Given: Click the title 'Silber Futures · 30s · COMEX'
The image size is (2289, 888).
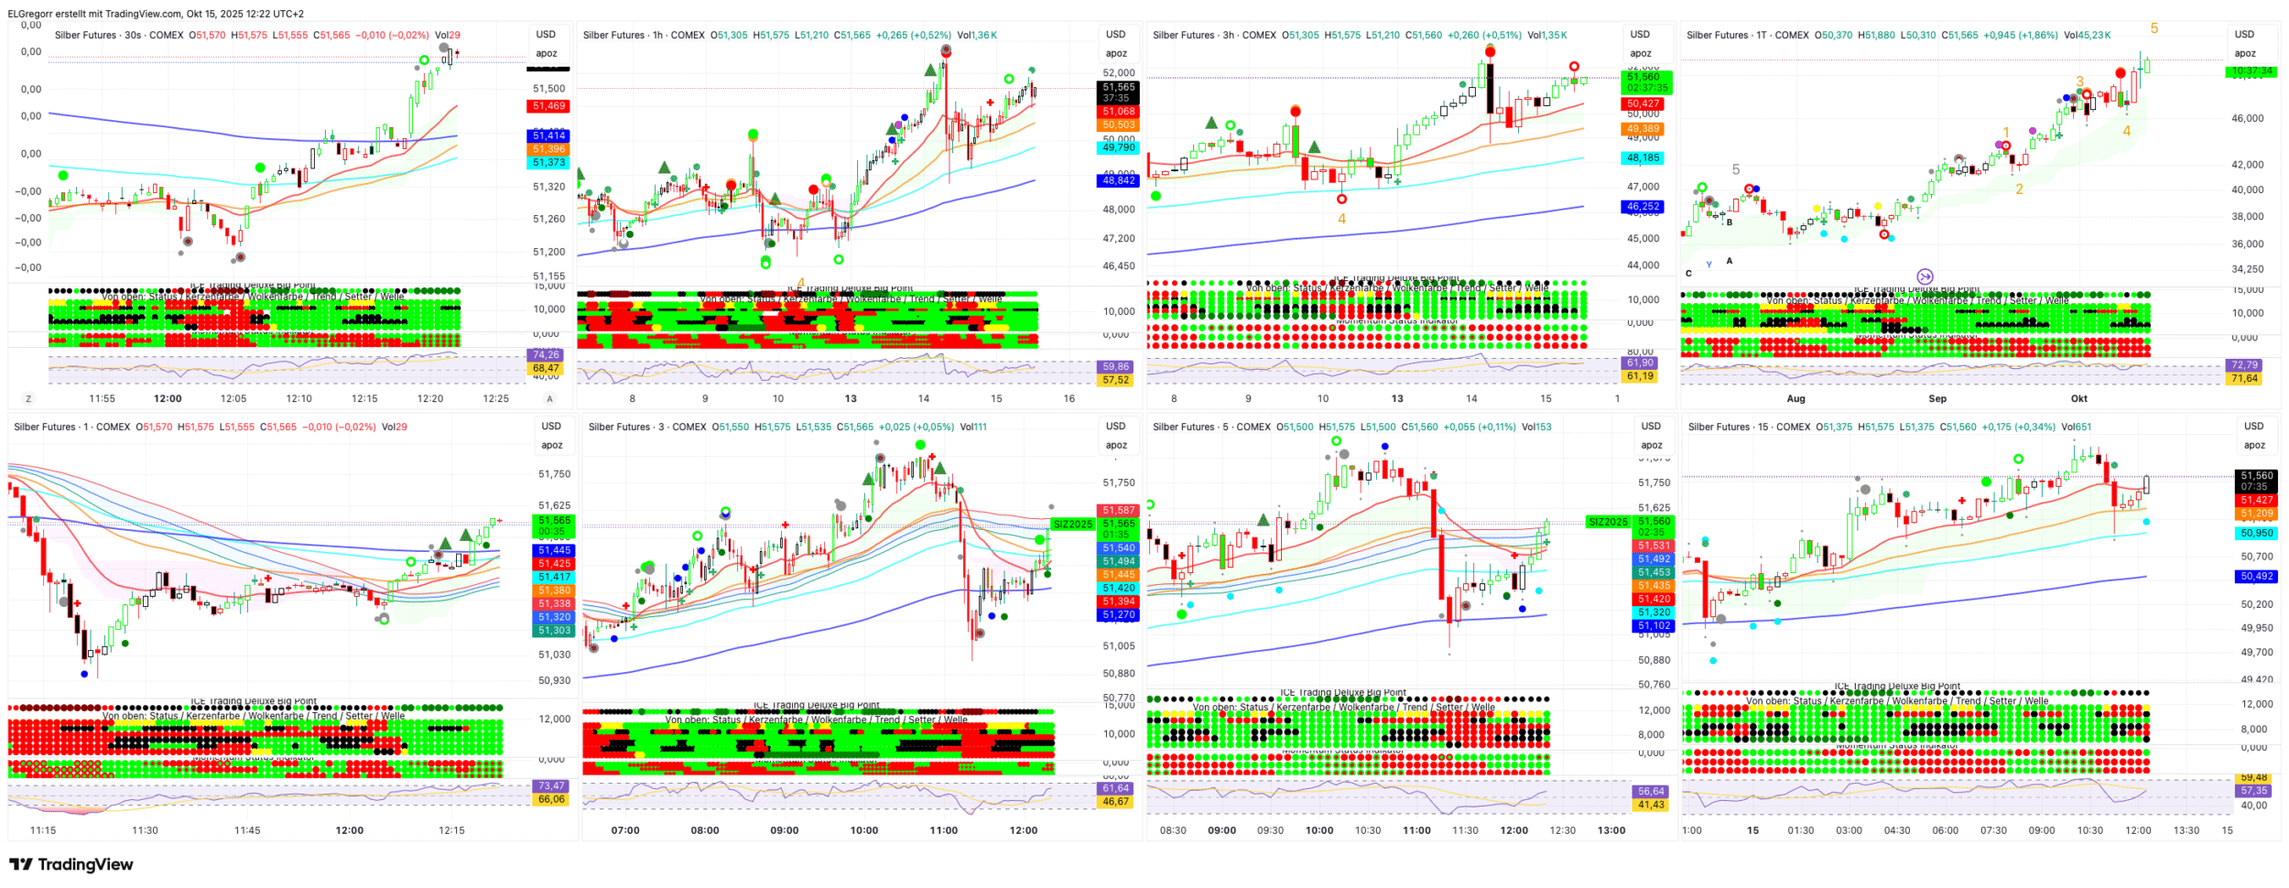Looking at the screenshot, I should point(119,36).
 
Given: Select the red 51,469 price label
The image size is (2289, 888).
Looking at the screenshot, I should point(549,107).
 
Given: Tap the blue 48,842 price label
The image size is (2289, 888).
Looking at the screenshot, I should point(1119,181).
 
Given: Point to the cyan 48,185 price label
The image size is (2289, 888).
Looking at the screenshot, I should point(1644,158).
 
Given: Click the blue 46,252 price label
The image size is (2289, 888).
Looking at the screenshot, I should point(1644,207).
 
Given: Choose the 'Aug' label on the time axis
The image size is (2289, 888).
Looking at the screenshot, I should point(1796,399).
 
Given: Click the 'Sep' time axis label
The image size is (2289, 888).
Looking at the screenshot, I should point(1937,399).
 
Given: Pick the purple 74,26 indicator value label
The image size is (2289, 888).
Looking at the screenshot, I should point(546,355).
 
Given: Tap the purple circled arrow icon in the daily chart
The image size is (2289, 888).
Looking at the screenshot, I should point(1925,276).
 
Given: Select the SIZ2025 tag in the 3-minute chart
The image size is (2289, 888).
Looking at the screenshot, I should point(1072,525).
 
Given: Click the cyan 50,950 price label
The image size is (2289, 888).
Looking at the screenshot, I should point(2257,534).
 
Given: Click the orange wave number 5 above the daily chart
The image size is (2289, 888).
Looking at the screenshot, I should point(2154,28).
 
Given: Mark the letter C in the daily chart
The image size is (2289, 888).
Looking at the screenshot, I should point(1689,273).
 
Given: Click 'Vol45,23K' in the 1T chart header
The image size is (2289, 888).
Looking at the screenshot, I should point(2087,36).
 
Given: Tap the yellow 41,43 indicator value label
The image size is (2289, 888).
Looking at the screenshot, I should point(1652,806).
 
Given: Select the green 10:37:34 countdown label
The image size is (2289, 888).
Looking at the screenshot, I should point(2251,71).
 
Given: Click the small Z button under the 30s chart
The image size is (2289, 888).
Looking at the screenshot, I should point(28,399).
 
